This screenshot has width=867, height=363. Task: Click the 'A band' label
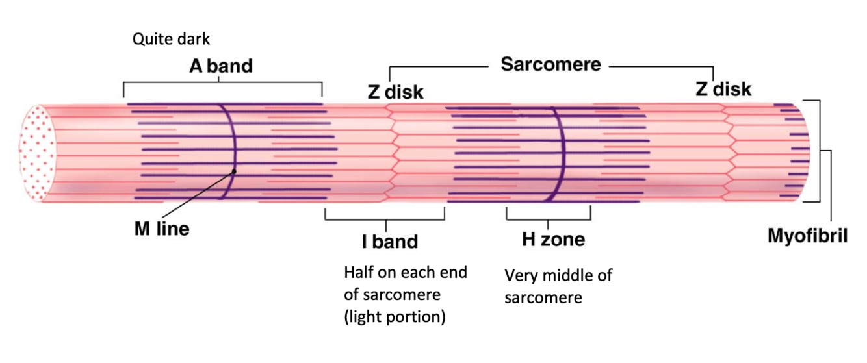(x=221, y=66)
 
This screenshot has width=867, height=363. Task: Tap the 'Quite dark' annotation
(x=172, y=39)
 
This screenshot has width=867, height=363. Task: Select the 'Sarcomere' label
(x=550, y=65)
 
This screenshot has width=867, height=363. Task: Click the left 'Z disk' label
(x=395, y=92)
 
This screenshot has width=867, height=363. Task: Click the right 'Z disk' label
(x=723, y=88)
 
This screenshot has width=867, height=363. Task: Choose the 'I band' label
(x=390, y=242)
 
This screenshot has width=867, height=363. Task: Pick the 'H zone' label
(x=553, y=240)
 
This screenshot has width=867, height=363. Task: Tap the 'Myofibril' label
(x=808, y=236)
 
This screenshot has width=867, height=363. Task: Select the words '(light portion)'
(x=395, y=319)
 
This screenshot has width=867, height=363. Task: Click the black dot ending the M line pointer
(x=234, y=172)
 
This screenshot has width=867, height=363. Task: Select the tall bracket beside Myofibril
(x=820, y=151)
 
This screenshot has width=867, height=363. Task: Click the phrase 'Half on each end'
(x=406, y=272)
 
